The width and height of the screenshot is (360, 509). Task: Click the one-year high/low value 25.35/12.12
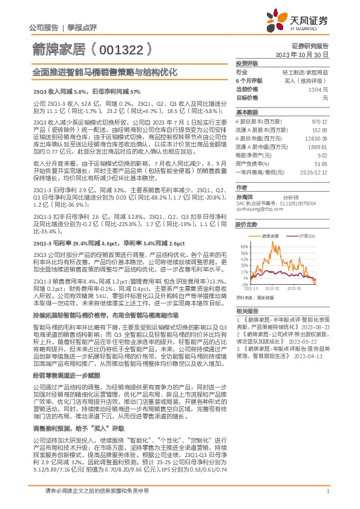[313, 172]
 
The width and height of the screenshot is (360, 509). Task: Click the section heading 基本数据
[246, 112]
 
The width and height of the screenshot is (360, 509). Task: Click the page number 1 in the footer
[327, 491]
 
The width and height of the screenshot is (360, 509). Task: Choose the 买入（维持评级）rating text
[306, 80]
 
